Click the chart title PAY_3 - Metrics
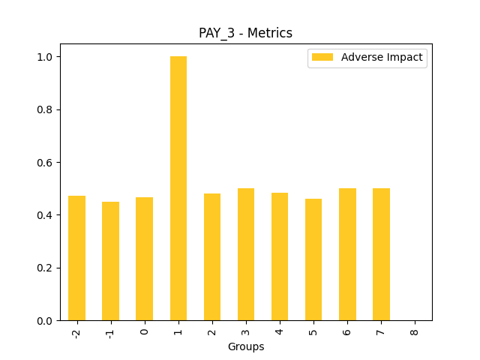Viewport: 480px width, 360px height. click(245, 33)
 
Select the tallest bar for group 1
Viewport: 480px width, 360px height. click(178, 187)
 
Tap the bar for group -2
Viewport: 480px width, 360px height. click(76, 258)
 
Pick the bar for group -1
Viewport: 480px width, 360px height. click(110, 261)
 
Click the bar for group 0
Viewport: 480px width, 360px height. click(144, 259)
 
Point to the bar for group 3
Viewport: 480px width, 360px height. click(246, 254)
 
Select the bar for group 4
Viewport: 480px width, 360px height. click(280, 256)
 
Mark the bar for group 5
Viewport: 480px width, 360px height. click(313, 259)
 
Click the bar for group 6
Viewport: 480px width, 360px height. click(347, 254)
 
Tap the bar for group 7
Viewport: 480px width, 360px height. click(381, 254)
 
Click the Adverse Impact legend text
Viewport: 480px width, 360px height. click(382, 57)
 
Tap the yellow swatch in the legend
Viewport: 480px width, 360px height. click(322, 57)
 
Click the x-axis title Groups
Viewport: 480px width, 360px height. click(246, 347)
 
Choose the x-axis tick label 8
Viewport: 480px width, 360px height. click(415, 330)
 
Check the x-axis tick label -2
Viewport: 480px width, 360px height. click(76, 332)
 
